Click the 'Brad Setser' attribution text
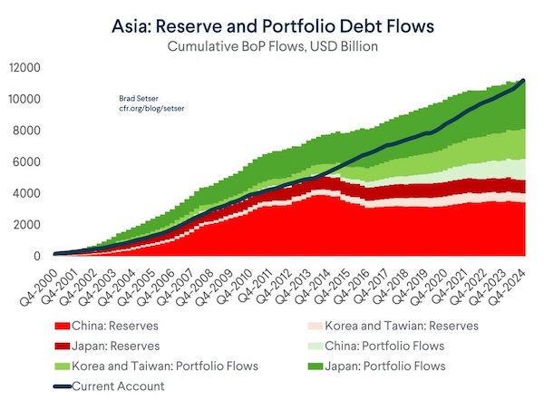pos(139,98)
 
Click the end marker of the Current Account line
pos(523,82)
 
